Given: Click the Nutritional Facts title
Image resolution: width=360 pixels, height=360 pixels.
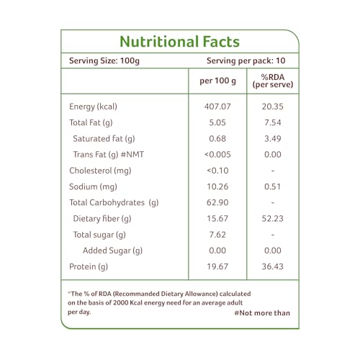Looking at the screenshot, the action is pos(179,42).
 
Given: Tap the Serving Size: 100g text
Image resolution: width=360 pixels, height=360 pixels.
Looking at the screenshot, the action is pos(104,61).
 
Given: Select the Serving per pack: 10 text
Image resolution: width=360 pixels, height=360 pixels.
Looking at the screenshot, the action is pos(246,61).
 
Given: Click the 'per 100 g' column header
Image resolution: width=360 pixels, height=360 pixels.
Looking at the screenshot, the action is pos(217,81).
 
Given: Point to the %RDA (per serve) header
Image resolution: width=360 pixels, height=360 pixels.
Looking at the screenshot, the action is pos(273,81).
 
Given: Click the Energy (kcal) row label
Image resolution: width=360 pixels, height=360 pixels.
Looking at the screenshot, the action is pos(93,107).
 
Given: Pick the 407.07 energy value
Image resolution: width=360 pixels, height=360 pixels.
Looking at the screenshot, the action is pos(217,107).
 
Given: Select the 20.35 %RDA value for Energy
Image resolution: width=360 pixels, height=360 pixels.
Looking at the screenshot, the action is pos(273,107).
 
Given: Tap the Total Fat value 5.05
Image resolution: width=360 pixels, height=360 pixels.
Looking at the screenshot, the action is pos(217,122).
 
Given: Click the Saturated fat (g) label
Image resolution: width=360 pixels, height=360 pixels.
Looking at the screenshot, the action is pos(104,139).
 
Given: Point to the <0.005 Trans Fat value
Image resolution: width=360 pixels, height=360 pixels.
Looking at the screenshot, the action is pos(217,154).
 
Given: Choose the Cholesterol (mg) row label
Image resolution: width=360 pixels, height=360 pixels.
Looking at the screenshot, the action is pos(100,171).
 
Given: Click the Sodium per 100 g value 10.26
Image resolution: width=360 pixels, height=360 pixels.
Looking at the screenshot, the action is pos(217,186).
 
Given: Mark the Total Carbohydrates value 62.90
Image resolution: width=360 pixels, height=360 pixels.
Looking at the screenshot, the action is pos(217,202).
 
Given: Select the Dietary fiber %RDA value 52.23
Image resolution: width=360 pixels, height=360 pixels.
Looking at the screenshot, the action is pos(273,218).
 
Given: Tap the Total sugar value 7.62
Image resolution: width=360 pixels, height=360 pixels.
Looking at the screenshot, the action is pos(217,235).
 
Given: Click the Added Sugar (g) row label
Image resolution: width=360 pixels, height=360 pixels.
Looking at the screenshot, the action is pos(112,251).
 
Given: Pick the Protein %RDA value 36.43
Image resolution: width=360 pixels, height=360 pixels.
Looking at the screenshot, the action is pos(273,266).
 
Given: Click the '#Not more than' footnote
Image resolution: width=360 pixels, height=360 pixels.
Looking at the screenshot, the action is pos(262,313).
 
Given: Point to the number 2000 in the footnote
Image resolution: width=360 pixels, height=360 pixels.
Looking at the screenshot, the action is pos(121,302).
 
